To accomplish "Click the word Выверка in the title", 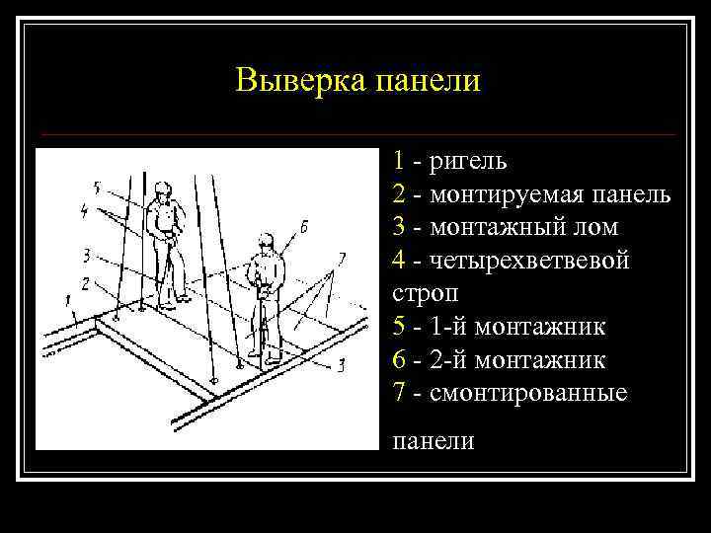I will click(300, 80).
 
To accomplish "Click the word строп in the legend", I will click(422, 293).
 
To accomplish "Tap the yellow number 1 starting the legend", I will click(397, 160).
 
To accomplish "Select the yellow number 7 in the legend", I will click(398, 393).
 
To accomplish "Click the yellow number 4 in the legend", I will click(398, 261).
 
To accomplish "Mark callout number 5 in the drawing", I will click(96, 186).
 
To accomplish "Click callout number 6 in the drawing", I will click(303, 226).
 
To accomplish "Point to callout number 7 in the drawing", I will click(341, 258).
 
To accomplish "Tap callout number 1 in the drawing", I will click(66, 297).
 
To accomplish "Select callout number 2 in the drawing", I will click(87, 283).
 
